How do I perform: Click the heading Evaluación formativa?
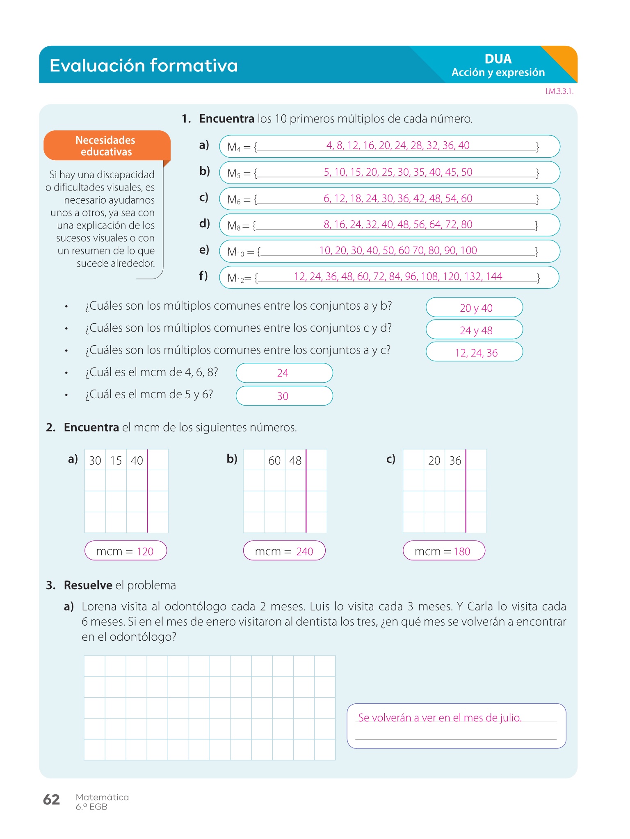tap(144, 66)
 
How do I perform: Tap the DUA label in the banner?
tap(498, 59)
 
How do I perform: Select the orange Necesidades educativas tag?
tap(106, 146)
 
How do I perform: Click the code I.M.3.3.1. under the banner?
tap(559, 91)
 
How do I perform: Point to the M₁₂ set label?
tap(236, 279)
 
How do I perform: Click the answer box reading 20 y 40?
tap(474, 308)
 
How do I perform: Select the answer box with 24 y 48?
tap(474, 330)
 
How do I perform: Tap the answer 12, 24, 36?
tap(474, 352)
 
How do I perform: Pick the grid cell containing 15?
tap(116, 460)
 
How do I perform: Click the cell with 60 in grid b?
tap(274, 460)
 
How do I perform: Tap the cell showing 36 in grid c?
tap(455, 460)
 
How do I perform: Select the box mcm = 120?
tap(126, 551)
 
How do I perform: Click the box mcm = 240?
tap(284, 551)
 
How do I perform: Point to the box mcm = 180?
tap(443, 551)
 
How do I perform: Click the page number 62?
tap(52, 799)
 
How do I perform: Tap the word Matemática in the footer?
tap(102, 797)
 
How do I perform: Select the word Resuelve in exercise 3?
tap(88, 585)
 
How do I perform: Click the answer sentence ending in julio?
tap(440, 717)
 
